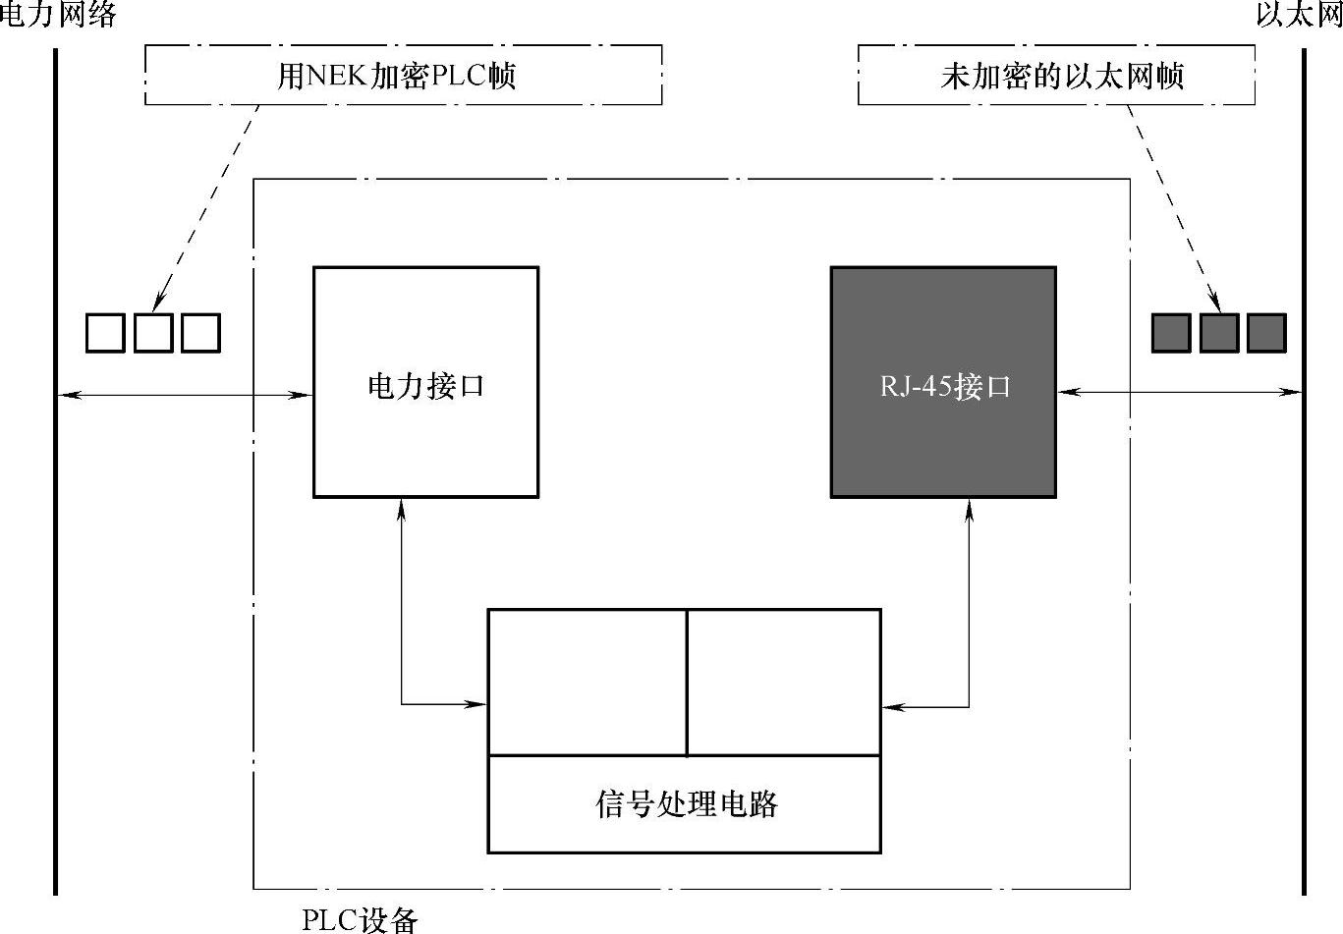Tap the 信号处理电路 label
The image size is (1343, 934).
(685, 804)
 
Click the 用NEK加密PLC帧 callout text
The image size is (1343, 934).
(397, 76)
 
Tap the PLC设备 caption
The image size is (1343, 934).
(360, 919)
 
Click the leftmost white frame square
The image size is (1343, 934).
(105, 333)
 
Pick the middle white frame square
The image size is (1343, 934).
(153, 333)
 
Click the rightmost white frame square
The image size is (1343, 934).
(200, 333)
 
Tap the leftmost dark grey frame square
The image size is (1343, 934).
(1171, 333)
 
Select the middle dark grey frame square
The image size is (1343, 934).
(1219, 333)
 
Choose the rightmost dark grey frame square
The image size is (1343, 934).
(1266, 333)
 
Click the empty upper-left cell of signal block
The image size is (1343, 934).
(588, 683)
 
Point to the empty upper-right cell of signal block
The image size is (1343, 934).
(783, 683)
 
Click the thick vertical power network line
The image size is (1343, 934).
(56, 589)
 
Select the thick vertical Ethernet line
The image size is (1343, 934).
(1304, 589)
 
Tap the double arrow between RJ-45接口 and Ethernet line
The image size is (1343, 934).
(1179, 392)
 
